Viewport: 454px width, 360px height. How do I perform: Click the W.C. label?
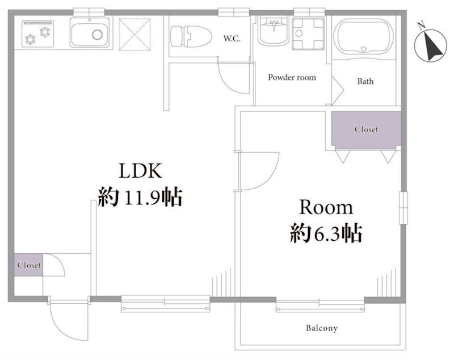pyautogui.click(x=232, y=39)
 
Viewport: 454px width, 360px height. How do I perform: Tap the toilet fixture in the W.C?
pyautogui.click(x=191, y=36)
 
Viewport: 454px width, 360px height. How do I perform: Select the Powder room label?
pyautogui.click(x=292, y=77)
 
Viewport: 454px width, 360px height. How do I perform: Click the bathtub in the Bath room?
pyautogui.click(x=364, y=37)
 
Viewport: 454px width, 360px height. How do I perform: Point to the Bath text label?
pyautogui.click(x=365, y=81)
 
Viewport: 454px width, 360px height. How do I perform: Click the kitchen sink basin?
pyautogui.click(x=90, y=33)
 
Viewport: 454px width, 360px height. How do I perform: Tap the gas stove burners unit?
pyautogui.click(x=38, y=34)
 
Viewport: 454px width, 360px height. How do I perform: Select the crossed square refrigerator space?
pyautogui.click(x=134, y=34)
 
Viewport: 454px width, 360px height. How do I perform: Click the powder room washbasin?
pyautogui.click(x=273, y=31)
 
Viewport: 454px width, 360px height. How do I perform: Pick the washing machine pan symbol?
pyautogui.click(x=308, y=34)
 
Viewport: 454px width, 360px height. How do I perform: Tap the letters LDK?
pyautogui.click(x=140, y=171)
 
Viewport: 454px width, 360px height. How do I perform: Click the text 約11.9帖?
pyautogui.click(x=140, y=198)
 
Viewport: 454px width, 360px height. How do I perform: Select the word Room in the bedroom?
pyautogui.click(x=326, y=207)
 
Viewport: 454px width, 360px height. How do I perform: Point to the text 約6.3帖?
pyautogui.click(x=326, y=233)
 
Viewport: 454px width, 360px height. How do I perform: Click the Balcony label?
pyautogui.click(x=322, y=328)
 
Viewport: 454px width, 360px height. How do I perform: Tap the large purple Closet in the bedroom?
pyautogui.click(x=366, y=129)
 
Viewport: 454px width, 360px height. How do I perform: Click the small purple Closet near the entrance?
pyautogui.click(x=29, y=265)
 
